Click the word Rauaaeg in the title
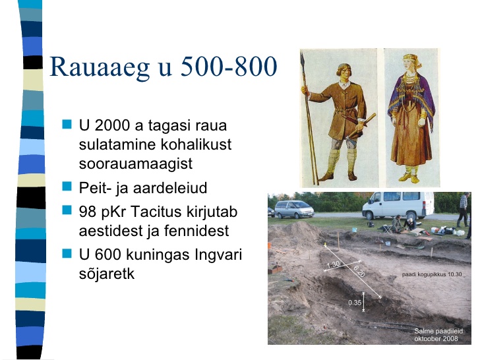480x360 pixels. pos(100,67)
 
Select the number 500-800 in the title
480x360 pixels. pos(229,66)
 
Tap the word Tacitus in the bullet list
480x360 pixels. pos(158,212)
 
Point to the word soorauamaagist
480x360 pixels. pos(136,164)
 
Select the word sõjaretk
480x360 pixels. pos(107,274)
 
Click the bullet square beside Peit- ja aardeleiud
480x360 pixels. pos(67,186)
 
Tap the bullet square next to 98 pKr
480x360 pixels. pos(67,210)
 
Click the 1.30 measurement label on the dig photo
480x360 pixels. pos(333,264)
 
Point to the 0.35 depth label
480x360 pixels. pos(355,303)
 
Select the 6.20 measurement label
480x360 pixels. pos(359,271)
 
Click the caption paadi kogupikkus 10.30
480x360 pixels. pos(432,274)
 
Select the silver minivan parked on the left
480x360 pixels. pos(294,209)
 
